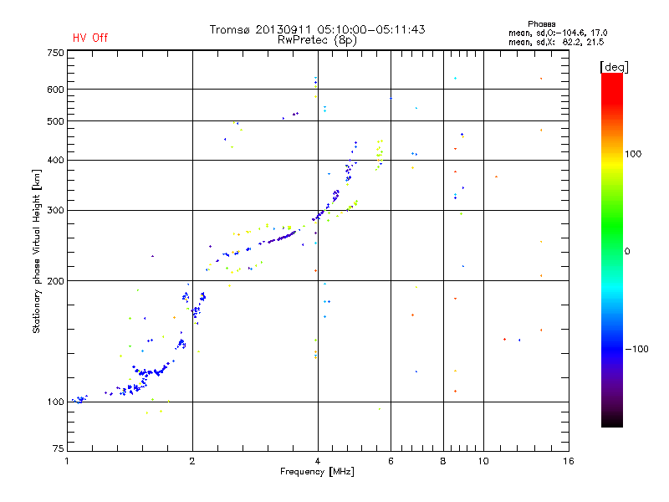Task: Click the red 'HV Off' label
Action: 89,38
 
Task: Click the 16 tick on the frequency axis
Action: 568,462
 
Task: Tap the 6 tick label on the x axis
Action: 391,462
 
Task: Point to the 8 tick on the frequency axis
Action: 443,462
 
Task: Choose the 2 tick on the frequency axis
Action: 192,462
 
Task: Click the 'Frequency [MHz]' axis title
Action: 317,473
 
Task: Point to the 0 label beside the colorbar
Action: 629,251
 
